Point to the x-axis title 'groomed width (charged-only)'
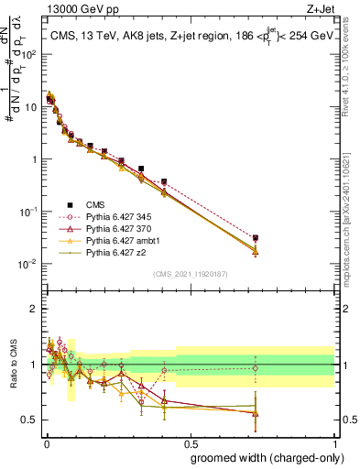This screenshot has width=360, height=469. click(262, 457)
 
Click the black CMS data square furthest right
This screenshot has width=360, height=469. click(255, 238)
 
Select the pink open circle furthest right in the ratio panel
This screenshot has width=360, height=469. click(255, 368)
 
